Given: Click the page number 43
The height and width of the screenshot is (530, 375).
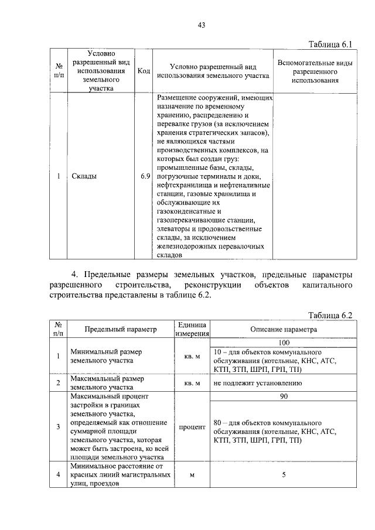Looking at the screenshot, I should click(x=201, y=25).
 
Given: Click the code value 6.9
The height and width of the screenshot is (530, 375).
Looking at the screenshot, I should click(x=145, y=176).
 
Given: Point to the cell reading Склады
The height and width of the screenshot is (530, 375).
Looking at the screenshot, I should click(x=84, y=176).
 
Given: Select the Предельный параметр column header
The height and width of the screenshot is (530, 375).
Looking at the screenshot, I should click(x=121, y=329).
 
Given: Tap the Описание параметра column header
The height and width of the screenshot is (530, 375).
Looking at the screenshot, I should click(x=284, y=329).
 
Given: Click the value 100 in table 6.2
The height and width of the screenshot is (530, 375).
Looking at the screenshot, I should click(x=284, y=342).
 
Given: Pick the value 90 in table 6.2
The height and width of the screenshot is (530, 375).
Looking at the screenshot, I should click(x=284, y=396).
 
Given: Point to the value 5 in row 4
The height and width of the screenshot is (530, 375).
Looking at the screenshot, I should click(x=284, y=475).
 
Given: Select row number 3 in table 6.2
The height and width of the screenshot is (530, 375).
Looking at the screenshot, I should click(x=58, y=427).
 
